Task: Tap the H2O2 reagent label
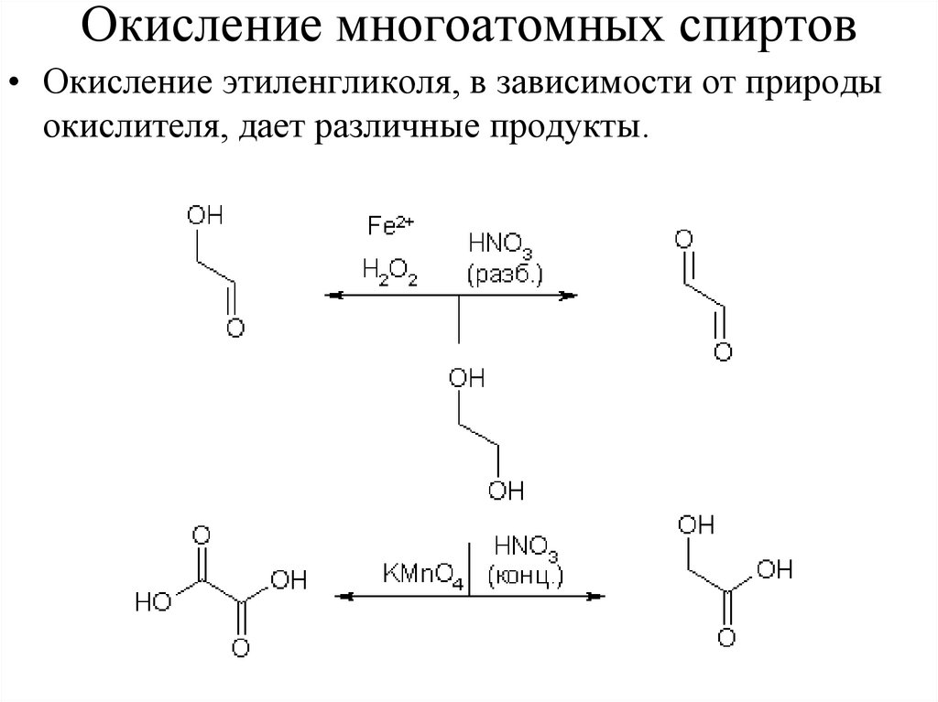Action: [x=389, y=273]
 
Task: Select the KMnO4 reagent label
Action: [x=423, y=576]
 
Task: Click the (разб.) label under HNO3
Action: [x=504, y=274]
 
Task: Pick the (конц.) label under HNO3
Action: [x=525, y=576]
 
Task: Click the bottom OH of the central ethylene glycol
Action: [x=505, y=491]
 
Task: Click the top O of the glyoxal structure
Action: [x=682, y=241]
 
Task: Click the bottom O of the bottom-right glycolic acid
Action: [x=727, y=637]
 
